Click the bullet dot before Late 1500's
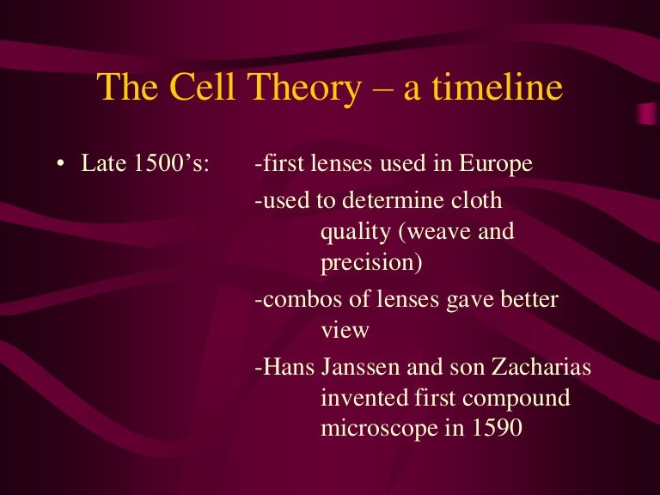(61, 164)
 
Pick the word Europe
(497, 163)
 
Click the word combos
(293, 300)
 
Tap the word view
(345, 330)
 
